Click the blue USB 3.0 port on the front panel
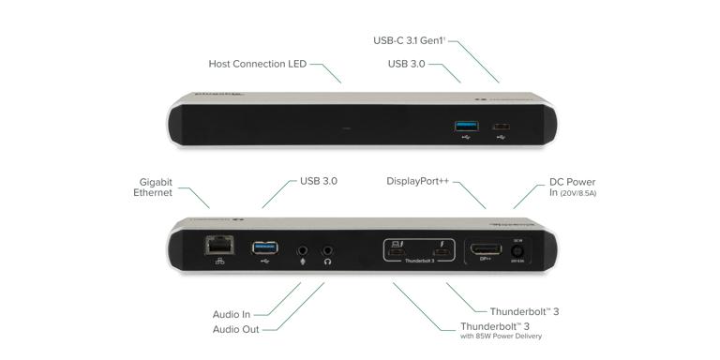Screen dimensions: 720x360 pyautogui.click(x=464, y=126)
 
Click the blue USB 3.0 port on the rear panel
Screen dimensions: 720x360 pyautogui.click(x=264, y=248)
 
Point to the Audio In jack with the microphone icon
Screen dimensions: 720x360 pyautogui.click(x=303, y=250)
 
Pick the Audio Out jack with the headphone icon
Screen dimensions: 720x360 pyautogui.click(x=328, y=250)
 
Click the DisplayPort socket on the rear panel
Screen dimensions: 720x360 pyautogui.click(x=486, y=250)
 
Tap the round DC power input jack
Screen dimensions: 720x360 pyautogui.click(x=517, y=251)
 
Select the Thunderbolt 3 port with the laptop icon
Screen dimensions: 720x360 pyautogui.click(x=397, y=251)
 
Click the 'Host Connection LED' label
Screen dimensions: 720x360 pyautogui.click(x=258, y=64)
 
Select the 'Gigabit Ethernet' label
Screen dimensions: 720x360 pyautogui.click(x=155, y=187)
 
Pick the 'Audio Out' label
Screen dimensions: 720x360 pyautogui.click(x=236, y=329)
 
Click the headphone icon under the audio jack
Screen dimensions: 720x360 pyautogui.click(x=328, y=263)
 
